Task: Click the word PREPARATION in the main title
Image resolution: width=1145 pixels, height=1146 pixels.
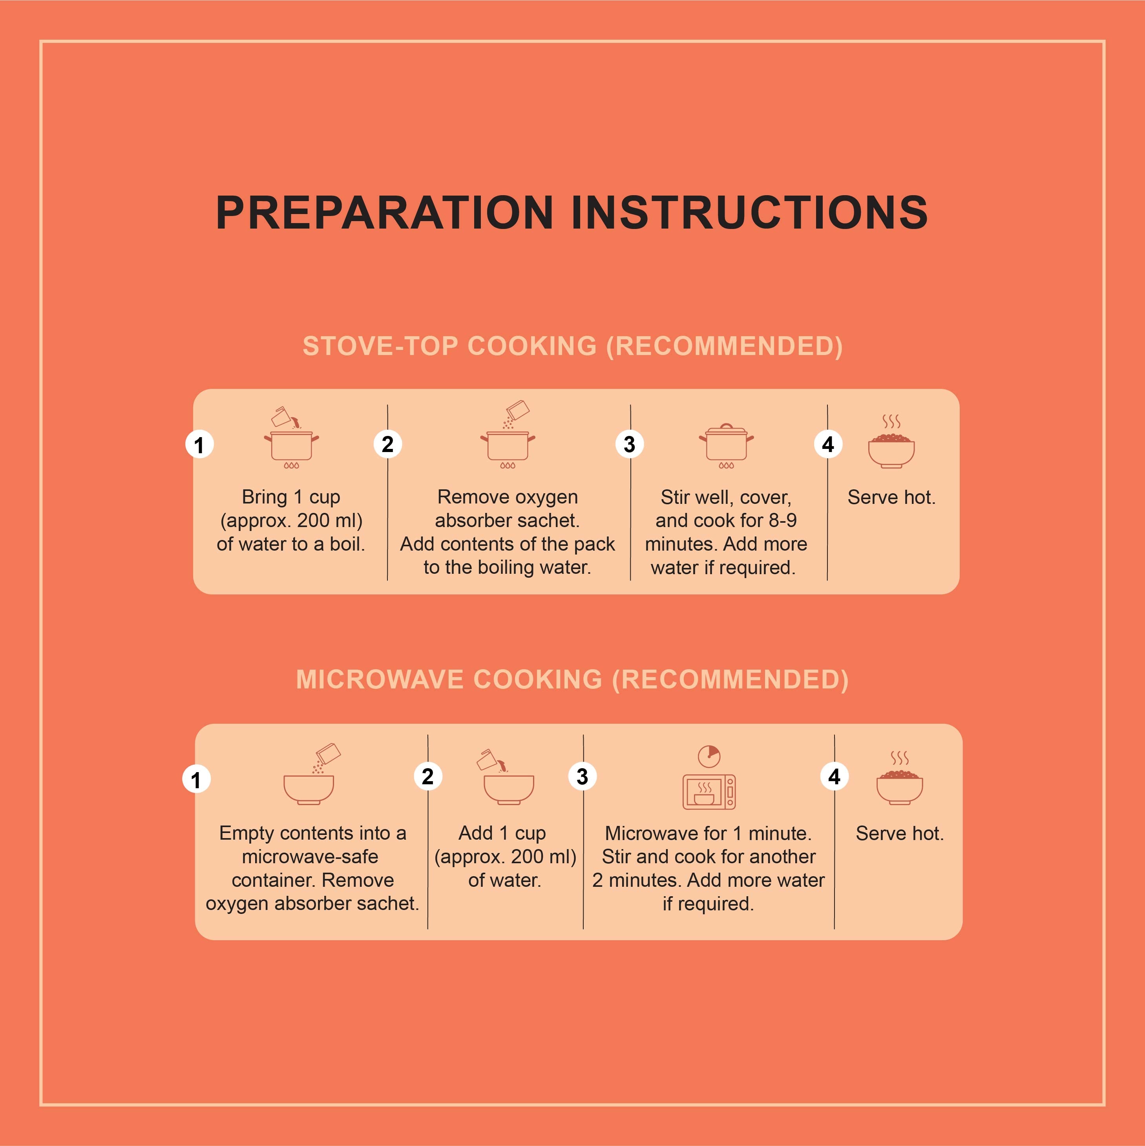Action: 385,212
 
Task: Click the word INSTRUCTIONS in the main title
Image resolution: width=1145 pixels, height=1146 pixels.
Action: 749,212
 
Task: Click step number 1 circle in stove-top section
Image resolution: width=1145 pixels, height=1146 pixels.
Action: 199,444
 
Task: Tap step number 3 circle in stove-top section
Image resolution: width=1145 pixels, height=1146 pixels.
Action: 630,444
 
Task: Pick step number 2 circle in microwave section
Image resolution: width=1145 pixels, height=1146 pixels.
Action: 427,776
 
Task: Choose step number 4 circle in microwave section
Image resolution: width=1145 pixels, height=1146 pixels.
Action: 834,776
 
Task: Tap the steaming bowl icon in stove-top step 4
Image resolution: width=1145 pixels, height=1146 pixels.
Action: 891,442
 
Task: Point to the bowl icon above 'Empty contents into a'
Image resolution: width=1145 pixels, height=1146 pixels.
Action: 310,774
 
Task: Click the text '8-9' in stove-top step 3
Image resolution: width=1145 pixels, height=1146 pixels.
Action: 783,520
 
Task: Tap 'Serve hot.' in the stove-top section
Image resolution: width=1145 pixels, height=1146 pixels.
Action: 891,497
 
